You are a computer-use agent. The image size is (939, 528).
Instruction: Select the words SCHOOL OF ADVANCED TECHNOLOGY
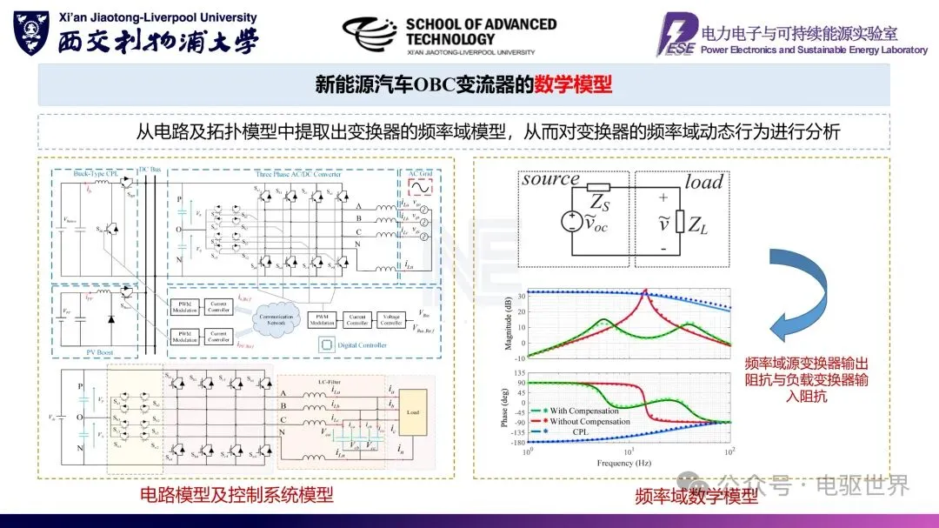[480, 31]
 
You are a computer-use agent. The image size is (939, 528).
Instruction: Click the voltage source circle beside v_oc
[571, 222]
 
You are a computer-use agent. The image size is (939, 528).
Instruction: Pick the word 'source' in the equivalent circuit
[550, 179]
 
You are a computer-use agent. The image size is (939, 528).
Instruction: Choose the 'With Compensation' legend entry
[583, 411]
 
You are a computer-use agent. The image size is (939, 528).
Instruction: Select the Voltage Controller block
[390, 318]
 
